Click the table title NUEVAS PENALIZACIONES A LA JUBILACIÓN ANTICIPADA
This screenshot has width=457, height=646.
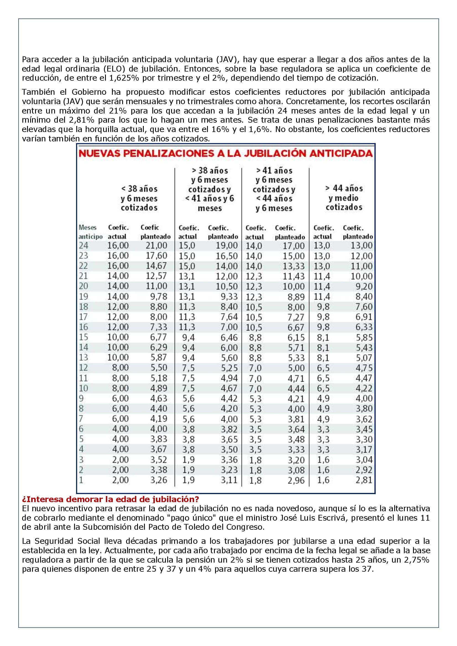tap(226, 154)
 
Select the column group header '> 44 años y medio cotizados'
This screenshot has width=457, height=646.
tap(344, 198)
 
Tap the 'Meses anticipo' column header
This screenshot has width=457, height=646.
tap(90, 232)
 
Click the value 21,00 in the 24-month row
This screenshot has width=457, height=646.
tap(156, 246)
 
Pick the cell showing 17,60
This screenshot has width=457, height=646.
tap(156, 256)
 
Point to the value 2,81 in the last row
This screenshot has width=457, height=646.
tap(364, 480)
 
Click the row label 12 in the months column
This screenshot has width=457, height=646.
tap(83, 368)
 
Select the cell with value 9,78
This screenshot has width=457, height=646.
tap(158, 296)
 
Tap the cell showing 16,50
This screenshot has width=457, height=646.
tap(227, 256)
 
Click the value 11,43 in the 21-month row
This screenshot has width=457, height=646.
tap(294, 276)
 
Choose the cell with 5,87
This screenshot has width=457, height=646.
tap(158, 357)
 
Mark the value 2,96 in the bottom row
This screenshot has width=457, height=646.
tap(296, 480)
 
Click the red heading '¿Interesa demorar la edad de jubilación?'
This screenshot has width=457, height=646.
tap(110, 499)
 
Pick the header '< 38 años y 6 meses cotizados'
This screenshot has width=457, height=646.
tap(139, 198)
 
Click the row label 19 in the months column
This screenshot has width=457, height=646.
tap(83, 297)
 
